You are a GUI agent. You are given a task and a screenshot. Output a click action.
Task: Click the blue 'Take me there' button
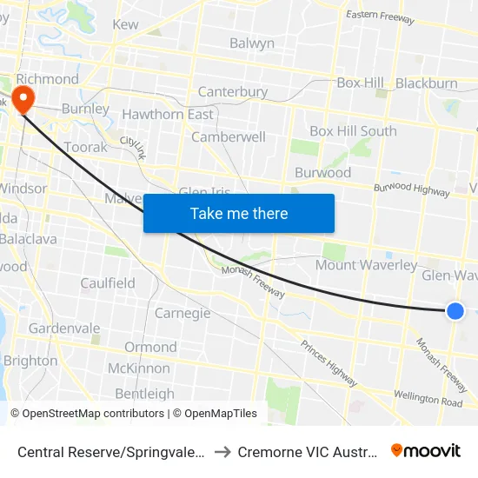tap(239, 213)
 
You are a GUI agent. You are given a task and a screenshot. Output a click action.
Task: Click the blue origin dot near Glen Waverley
tap(455, 311)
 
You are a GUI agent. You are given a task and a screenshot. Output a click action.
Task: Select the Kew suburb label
tap(125, 24)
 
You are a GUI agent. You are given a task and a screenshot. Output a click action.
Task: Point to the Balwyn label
tap(252, 43)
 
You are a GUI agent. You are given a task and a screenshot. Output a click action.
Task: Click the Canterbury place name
tap(232, 92)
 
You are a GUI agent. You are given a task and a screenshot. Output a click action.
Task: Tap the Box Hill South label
tap(353, 131)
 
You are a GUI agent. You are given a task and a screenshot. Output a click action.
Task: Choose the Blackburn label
tap(426, 83)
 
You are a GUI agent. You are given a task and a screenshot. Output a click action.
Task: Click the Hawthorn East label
tap(168, 115)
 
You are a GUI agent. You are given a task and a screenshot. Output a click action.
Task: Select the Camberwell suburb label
tap(228, 137)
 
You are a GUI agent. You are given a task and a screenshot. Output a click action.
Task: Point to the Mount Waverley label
tap(366, 265)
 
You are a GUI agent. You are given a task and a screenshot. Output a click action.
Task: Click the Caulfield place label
tap(108, 283)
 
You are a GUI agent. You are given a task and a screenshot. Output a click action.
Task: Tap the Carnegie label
tap(183, 313)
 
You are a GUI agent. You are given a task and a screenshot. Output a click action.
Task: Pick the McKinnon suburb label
tap(139, 368)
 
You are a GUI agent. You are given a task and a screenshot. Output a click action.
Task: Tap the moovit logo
tap(426, 451)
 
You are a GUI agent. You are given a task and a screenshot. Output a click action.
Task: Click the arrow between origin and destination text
tap(221, 452)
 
